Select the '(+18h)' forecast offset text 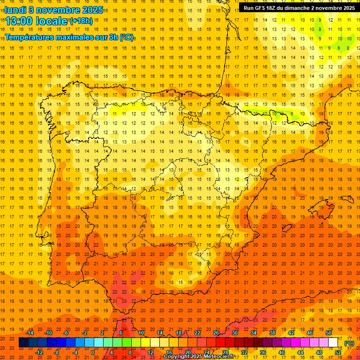pos(81,21)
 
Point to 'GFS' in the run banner pos(262,7)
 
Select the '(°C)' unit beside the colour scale pos(349,343)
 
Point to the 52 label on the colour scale pos(338,352)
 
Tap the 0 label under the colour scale pos(93,352)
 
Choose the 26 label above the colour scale pos(216,333)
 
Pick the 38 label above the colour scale pos(272,333)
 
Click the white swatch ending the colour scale pos(333,343)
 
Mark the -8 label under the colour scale pos(56,352)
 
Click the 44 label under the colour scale pos(300,352)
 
